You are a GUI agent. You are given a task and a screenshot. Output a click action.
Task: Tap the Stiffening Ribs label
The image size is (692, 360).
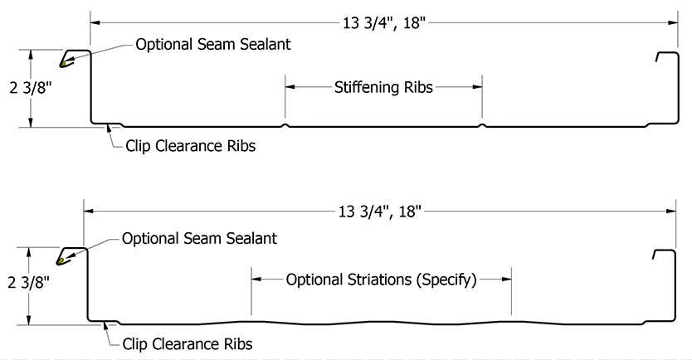[x=383, y=86]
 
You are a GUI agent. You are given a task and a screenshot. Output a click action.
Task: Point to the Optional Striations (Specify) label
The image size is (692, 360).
[x=381, y=280]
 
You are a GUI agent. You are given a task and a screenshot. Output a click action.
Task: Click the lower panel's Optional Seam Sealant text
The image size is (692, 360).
[x=199, y=238]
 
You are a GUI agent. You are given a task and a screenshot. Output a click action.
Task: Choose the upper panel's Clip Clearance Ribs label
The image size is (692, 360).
[x=190, y=147]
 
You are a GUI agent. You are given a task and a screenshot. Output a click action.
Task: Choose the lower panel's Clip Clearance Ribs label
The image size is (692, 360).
[x=187, y=343]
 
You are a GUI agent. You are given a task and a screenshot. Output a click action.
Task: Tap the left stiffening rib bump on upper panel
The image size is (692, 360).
[x=285, y=126]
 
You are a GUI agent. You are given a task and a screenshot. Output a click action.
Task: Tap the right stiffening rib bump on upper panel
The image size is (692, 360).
[x=482, y=126]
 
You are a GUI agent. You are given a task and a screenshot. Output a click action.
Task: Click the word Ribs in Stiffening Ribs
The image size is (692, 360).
[x=419, y=86]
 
